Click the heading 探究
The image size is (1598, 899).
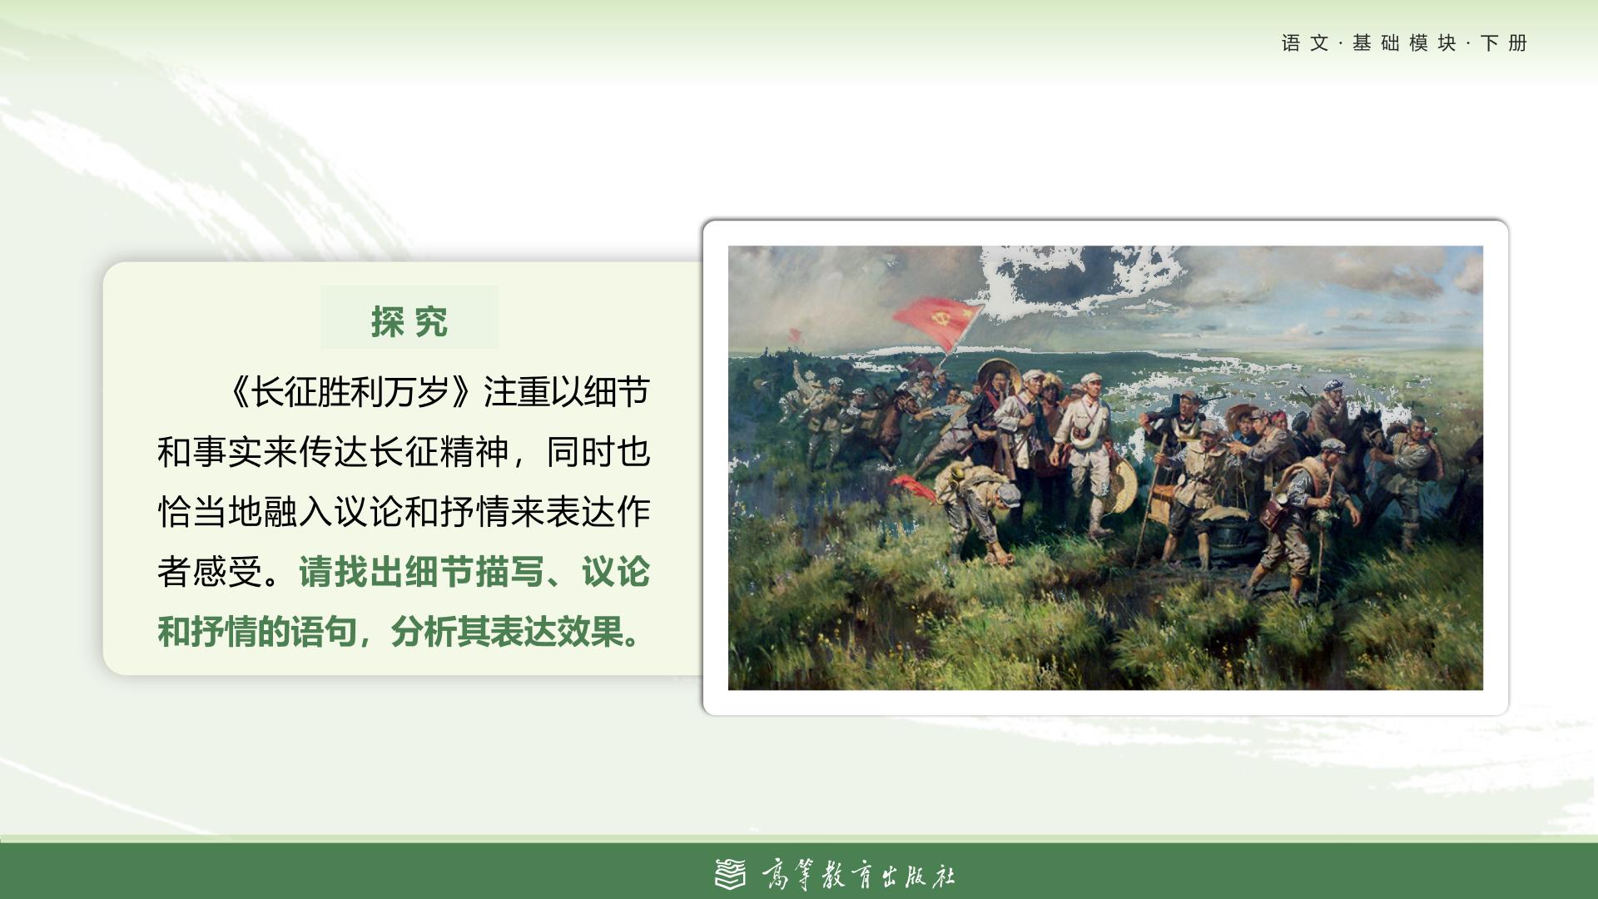(x=409, y=322)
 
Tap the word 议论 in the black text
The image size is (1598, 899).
(x=369, y=512)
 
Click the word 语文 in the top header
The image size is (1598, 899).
(x=1305, y=43)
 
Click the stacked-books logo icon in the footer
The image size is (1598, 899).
(x=731, y=874)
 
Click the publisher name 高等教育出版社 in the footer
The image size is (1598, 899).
(x=858, y=875)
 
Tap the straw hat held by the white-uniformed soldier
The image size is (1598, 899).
(x=1120, y=486)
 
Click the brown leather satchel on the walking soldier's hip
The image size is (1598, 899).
(x=1273, y=514)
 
